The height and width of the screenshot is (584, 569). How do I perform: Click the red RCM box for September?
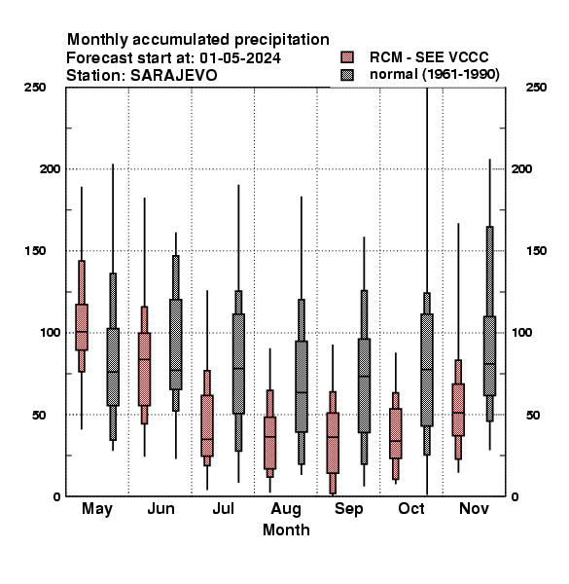click(333, 443)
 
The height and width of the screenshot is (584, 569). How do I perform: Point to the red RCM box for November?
click(458, 410)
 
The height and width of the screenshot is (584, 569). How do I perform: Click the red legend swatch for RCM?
click(347, 57)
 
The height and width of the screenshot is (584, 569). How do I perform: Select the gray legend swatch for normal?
click(347, 75)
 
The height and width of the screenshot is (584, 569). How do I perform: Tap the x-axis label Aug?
click(286, 509)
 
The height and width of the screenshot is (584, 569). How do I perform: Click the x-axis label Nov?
click(474, 508)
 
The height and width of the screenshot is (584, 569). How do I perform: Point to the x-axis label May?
click(97, 509)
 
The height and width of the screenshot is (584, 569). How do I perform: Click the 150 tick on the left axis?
click(35, 251)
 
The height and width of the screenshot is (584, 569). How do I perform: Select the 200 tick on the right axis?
click(521, 168)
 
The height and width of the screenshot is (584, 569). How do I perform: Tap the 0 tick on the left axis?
click(56, 496)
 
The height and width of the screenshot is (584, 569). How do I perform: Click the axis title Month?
click(286, 530)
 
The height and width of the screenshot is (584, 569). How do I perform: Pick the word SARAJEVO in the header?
click(173, 76)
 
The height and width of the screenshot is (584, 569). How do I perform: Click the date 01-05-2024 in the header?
click(240, 58)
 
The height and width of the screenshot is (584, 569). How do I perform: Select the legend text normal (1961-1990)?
click(435, 75)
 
